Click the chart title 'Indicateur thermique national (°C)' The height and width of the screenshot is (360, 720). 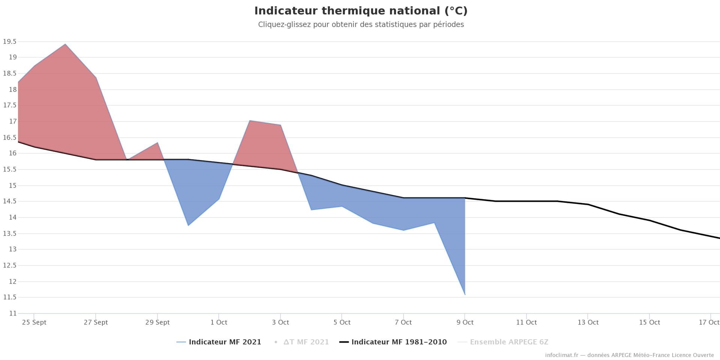click(361, 11)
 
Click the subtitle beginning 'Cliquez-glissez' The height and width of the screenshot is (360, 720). click(361, 25)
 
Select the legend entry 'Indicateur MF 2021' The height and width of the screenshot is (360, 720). click(225, 342)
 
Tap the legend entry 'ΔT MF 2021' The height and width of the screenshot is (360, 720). click(306, 342)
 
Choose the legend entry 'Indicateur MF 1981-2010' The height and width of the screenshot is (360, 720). click(399, 342)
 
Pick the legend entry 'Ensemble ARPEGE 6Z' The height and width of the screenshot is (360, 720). click(509, 342)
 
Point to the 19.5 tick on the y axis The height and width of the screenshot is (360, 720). click(10, 42)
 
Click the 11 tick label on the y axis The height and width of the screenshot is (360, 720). click(13, 313)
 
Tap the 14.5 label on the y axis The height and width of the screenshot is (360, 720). click(10, 201)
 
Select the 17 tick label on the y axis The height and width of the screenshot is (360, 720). click(13, 121)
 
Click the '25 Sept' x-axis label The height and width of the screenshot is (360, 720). click(34, 322)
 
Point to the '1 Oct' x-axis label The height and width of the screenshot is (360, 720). click(219, 322)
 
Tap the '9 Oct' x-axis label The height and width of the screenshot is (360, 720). click(465, 322)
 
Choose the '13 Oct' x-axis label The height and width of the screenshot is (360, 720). click(588, 322)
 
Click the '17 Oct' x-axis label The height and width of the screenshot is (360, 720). click(709, 322)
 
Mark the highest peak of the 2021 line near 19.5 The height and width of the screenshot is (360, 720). click(65, 44)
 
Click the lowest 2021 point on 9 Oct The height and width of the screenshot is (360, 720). click(465, 295)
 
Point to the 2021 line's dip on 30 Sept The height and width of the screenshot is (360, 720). click(188, 225)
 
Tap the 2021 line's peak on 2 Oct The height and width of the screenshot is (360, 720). click(250, 121)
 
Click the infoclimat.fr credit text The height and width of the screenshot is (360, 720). click(629, 355)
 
